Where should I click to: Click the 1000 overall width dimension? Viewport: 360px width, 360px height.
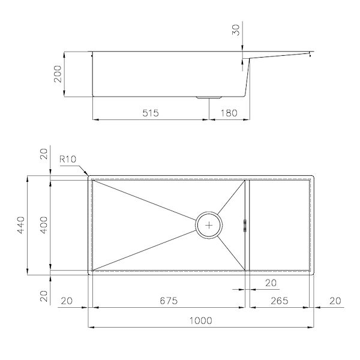click(x=200, y=320)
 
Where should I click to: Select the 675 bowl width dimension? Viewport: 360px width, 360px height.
click(x=169, y=301)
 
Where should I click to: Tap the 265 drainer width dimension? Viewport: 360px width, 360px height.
click(x=280, y=301)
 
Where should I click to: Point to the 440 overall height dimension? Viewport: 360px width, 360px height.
click(x=21, y=225)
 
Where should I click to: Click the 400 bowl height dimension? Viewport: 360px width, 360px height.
click(x=44, y=225)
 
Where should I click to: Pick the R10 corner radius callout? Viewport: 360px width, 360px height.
click(x=68, y=159)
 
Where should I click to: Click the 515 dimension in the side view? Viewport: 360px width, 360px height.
click(x=151, y=113)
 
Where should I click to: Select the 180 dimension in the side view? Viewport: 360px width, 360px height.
click(x=229, y=113)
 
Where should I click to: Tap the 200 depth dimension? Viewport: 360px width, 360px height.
click(x=58, y=74)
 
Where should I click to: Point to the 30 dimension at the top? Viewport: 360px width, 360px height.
click(x=236, y=30)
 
